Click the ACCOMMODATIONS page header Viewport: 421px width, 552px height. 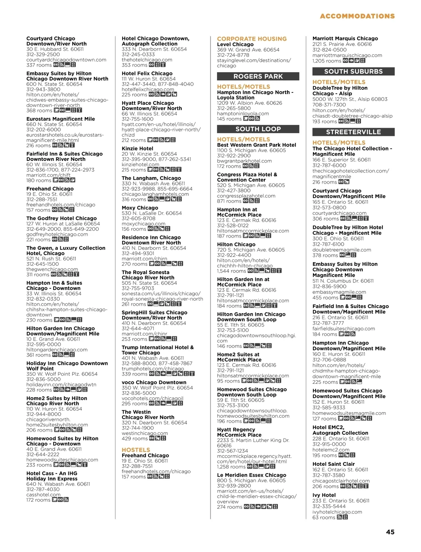pos(357,16)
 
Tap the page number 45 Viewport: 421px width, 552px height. pos(390,532)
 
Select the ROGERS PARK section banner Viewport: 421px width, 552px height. pos(258,76)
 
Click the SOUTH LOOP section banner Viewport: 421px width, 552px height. pos(258,129)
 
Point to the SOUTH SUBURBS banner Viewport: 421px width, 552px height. pos(353,71)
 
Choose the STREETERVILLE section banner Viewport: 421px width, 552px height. pos(353,132)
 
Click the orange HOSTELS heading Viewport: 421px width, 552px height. pos(136,450)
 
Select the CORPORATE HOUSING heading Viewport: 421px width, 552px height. pos(252,39)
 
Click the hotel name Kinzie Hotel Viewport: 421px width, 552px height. pos(138,149)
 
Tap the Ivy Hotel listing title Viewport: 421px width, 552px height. pos(324,495)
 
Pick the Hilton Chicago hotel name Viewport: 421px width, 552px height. pos(236,245)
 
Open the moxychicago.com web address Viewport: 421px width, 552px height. pos(143,224)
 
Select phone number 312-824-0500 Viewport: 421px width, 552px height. pos(329,50)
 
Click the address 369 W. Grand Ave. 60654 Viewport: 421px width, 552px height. pos(248,50)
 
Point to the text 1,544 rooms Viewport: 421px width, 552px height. pos(232,271)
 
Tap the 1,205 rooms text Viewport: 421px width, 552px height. pos(327,61)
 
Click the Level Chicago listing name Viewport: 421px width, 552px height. pos(235,45)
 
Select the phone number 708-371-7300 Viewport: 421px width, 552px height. pos(329,105)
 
